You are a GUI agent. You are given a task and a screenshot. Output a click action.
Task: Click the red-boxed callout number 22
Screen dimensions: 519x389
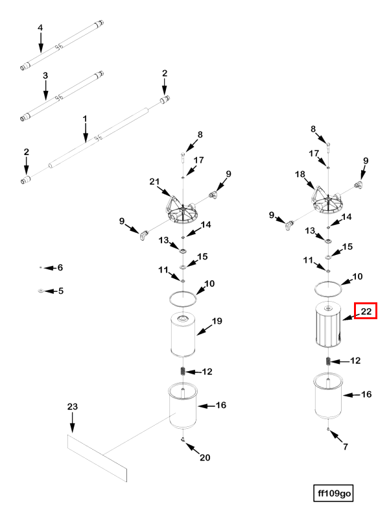[366, 311]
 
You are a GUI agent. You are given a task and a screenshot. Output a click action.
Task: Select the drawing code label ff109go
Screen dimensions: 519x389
[334, 494]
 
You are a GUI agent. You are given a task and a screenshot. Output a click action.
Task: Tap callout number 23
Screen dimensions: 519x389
[72, 406]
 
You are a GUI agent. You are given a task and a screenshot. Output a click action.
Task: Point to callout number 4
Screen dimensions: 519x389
[40, 28]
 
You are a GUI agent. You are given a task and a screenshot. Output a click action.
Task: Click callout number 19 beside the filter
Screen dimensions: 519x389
[217, 320]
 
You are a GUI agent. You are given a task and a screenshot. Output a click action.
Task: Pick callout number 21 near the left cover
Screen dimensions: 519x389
[154, 181]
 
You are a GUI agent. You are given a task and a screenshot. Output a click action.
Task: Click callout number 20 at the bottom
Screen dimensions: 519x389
[205, 458]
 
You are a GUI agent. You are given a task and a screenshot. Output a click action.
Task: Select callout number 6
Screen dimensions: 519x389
[60, 267]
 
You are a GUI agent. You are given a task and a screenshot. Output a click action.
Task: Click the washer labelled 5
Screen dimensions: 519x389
[40, 291]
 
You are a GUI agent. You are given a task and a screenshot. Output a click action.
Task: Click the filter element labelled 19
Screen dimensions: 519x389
[185, 335]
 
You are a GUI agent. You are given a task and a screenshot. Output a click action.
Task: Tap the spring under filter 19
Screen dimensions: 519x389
[184, 371]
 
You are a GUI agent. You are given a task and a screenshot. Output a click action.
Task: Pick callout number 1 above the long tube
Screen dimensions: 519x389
[85, 119]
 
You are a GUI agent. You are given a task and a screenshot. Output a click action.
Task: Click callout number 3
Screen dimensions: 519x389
[45, 76]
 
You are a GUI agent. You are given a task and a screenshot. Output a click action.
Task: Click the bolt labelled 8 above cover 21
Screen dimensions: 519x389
[184, 156]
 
